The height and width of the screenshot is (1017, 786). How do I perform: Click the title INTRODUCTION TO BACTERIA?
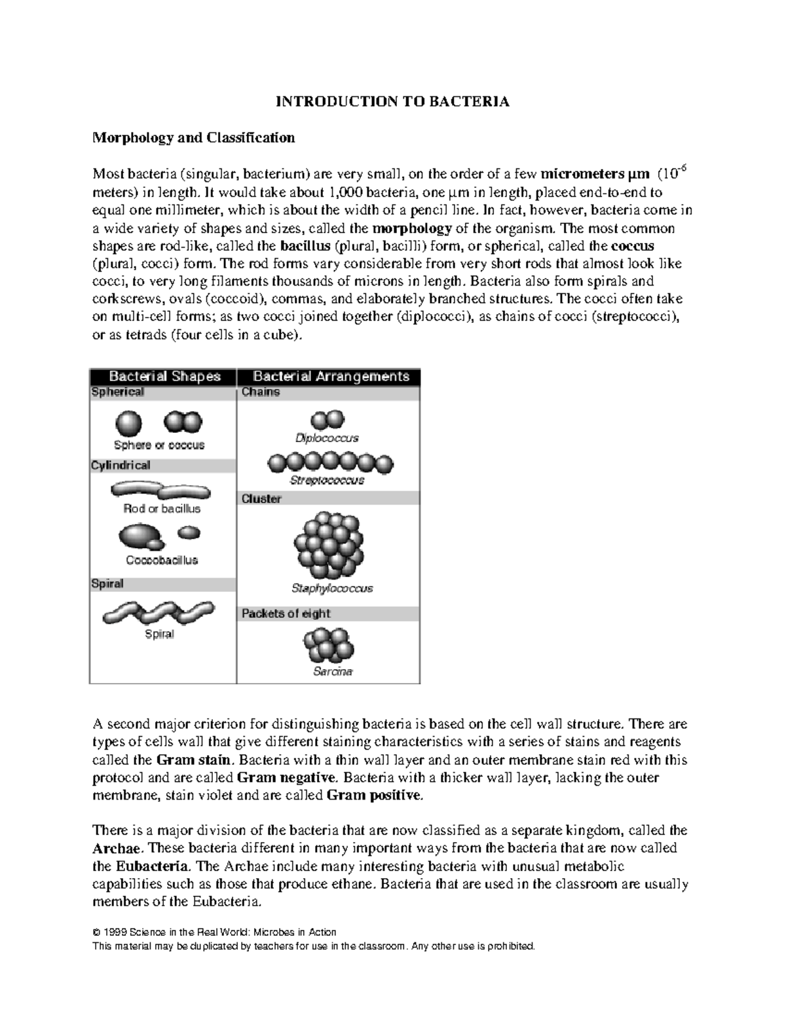[392, 102]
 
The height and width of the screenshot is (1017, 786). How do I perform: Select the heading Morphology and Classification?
[193, 138]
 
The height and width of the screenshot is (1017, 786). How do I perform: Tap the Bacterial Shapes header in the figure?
[164, 377]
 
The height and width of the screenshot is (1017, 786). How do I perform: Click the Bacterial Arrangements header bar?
[330, 377]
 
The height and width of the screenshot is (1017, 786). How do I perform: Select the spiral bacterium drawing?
[158, 613]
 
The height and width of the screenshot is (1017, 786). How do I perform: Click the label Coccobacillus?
[162, 561]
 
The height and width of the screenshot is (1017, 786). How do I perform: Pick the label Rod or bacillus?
[162, 509]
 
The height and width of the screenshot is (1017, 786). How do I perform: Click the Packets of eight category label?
[286, 614]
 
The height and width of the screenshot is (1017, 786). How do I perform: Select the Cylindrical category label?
[121, 466]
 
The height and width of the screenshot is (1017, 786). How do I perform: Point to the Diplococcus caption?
[327, 438]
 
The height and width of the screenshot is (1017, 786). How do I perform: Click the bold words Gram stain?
[194, 760]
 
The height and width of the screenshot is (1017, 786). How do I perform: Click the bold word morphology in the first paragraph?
[411, 229]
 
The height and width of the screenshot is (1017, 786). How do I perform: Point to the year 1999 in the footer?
[115, 932]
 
